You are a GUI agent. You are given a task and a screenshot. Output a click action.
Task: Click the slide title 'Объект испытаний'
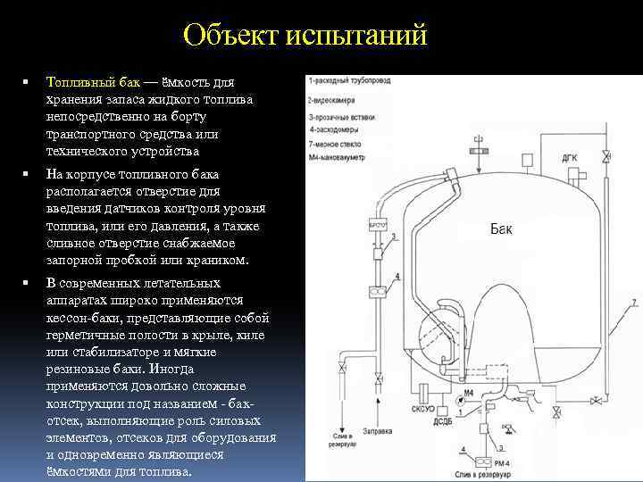pos(305,37)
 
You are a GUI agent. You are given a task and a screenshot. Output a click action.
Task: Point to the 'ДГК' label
pos(570,160)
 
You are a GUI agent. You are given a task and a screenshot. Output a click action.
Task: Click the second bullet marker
pos(29,173)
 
